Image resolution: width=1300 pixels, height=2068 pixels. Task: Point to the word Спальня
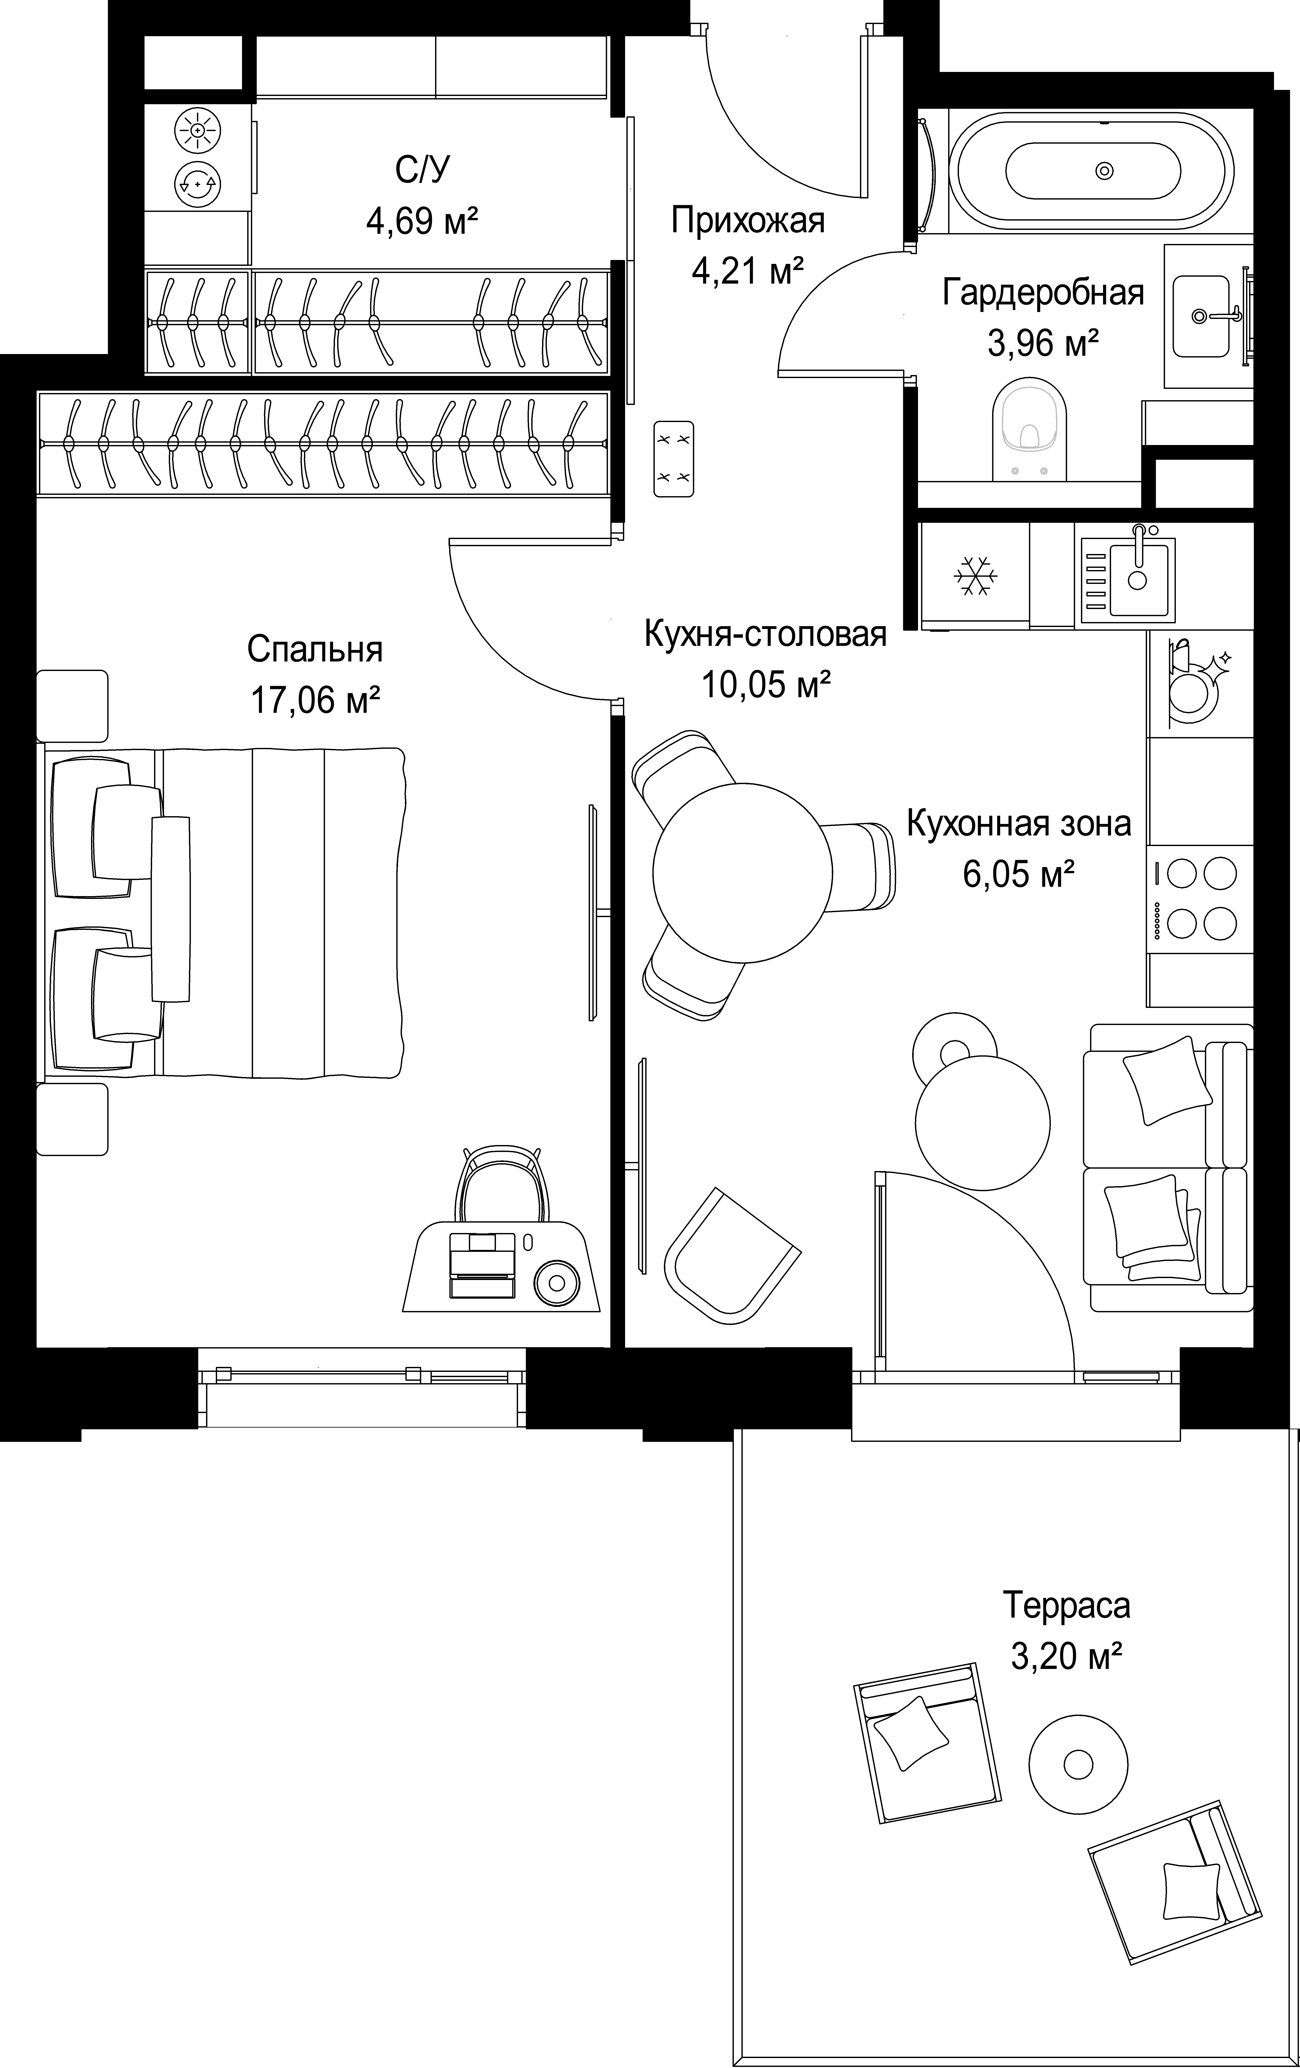[315, 650]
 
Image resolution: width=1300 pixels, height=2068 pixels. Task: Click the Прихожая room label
[748, 221]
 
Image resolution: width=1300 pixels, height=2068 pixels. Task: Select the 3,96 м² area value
[1043, 344]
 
